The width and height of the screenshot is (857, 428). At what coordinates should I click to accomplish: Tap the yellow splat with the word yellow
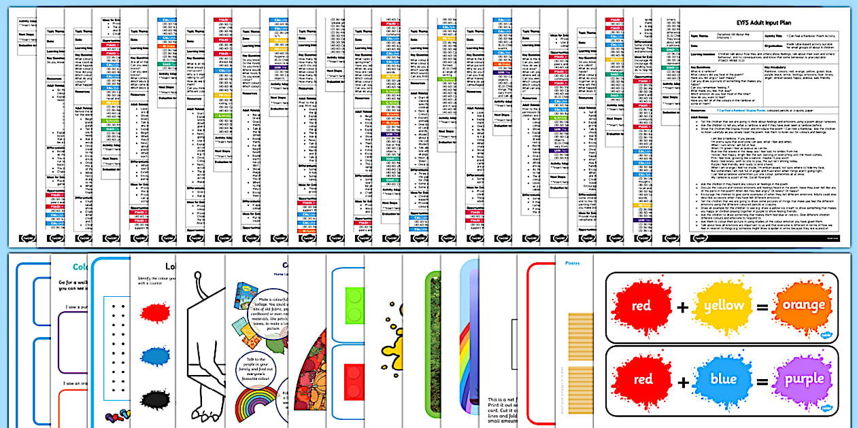(x=722, y=306)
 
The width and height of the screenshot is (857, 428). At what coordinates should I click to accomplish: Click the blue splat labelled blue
(x=723, y=379)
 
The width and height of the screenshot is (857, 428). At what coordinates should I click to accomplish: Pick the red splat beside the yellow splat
(x=641, y=306)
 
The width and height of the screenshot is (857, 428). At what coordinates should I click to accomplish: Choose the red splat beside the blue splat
(x=642, y=379)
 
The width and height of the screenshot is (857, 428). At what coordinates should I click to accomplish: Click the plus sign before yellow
(x=682, y=307)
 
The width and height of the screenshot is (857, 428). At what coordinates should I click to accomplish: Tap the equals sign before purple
(x=762, y=380)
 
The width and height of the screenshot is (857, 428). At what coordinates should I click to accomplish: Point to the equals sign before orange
(x=762, y=307)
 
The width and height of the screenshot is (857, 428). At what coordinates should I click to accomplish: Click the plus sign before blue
(x=682, y=380)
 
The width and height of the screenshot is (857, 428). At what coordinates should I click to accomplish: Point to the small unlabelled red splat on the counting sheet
(x=156, y=313)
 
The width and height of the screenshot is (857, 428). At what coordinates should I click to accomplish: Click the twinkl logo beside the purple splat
(x=827, y=409)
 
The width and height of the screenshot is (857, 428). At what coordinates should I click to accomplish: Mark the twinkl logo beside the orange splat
(x=827, y=335)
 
